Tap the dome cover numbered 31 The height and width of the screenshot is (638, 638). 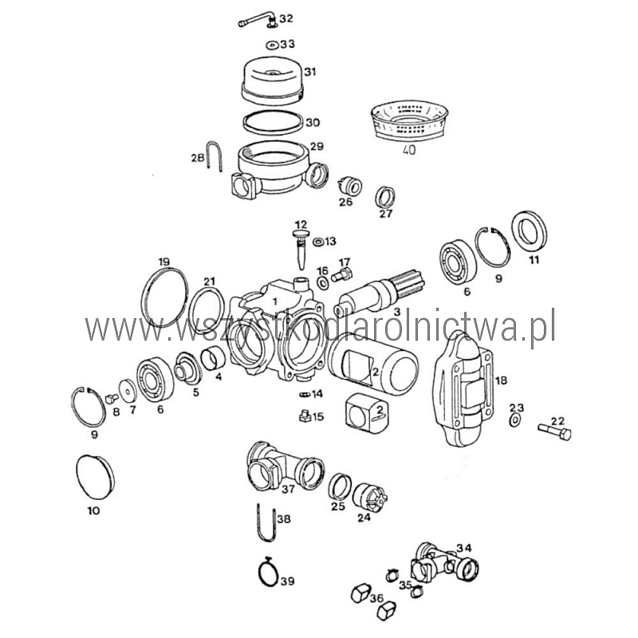click(273, 81)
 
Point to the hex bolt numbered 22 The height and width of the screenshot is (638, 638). click(554, 431)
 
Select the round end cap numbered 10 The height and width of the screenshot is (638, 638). click(95, 477)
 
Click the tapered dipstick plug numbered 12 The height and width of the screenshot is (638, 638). click(301, 249)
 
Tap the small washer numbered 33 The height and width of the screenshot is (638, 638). click(272, 45)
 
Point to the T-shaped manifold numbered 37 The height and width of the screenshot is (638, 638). click(285, 466)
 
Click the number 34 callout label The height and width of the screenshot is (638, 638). click(464, 548)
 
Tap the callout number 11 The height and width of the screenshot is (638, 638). click(534, 260)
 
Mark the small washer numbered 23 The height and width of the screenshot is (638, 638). click(514, 420)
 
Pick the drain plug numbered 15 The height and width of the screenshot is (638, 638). click(304, 416)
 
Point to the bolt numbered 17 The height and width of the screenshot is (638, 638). click(342, 275)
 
